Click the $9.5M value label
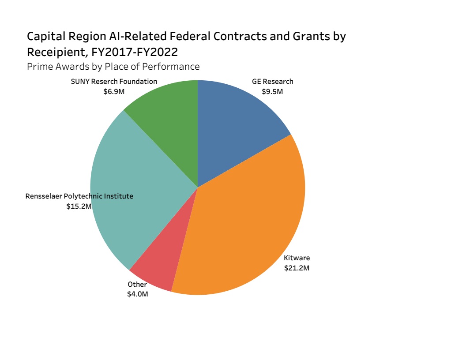(272, 92)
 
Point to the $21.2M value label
(297, 268)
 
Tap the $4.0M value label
(137, 294)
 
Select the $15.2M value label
(79, 206)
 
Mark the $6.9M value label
(114, 92)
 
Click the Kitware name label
(297, 258)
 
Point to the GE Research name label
(272, 81)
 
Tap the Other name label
(137, 285)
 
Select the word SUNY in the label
(80, 81)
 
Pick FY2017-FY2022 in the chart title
(135, 52)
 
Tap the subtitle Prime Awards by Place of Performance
(113, 67)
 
